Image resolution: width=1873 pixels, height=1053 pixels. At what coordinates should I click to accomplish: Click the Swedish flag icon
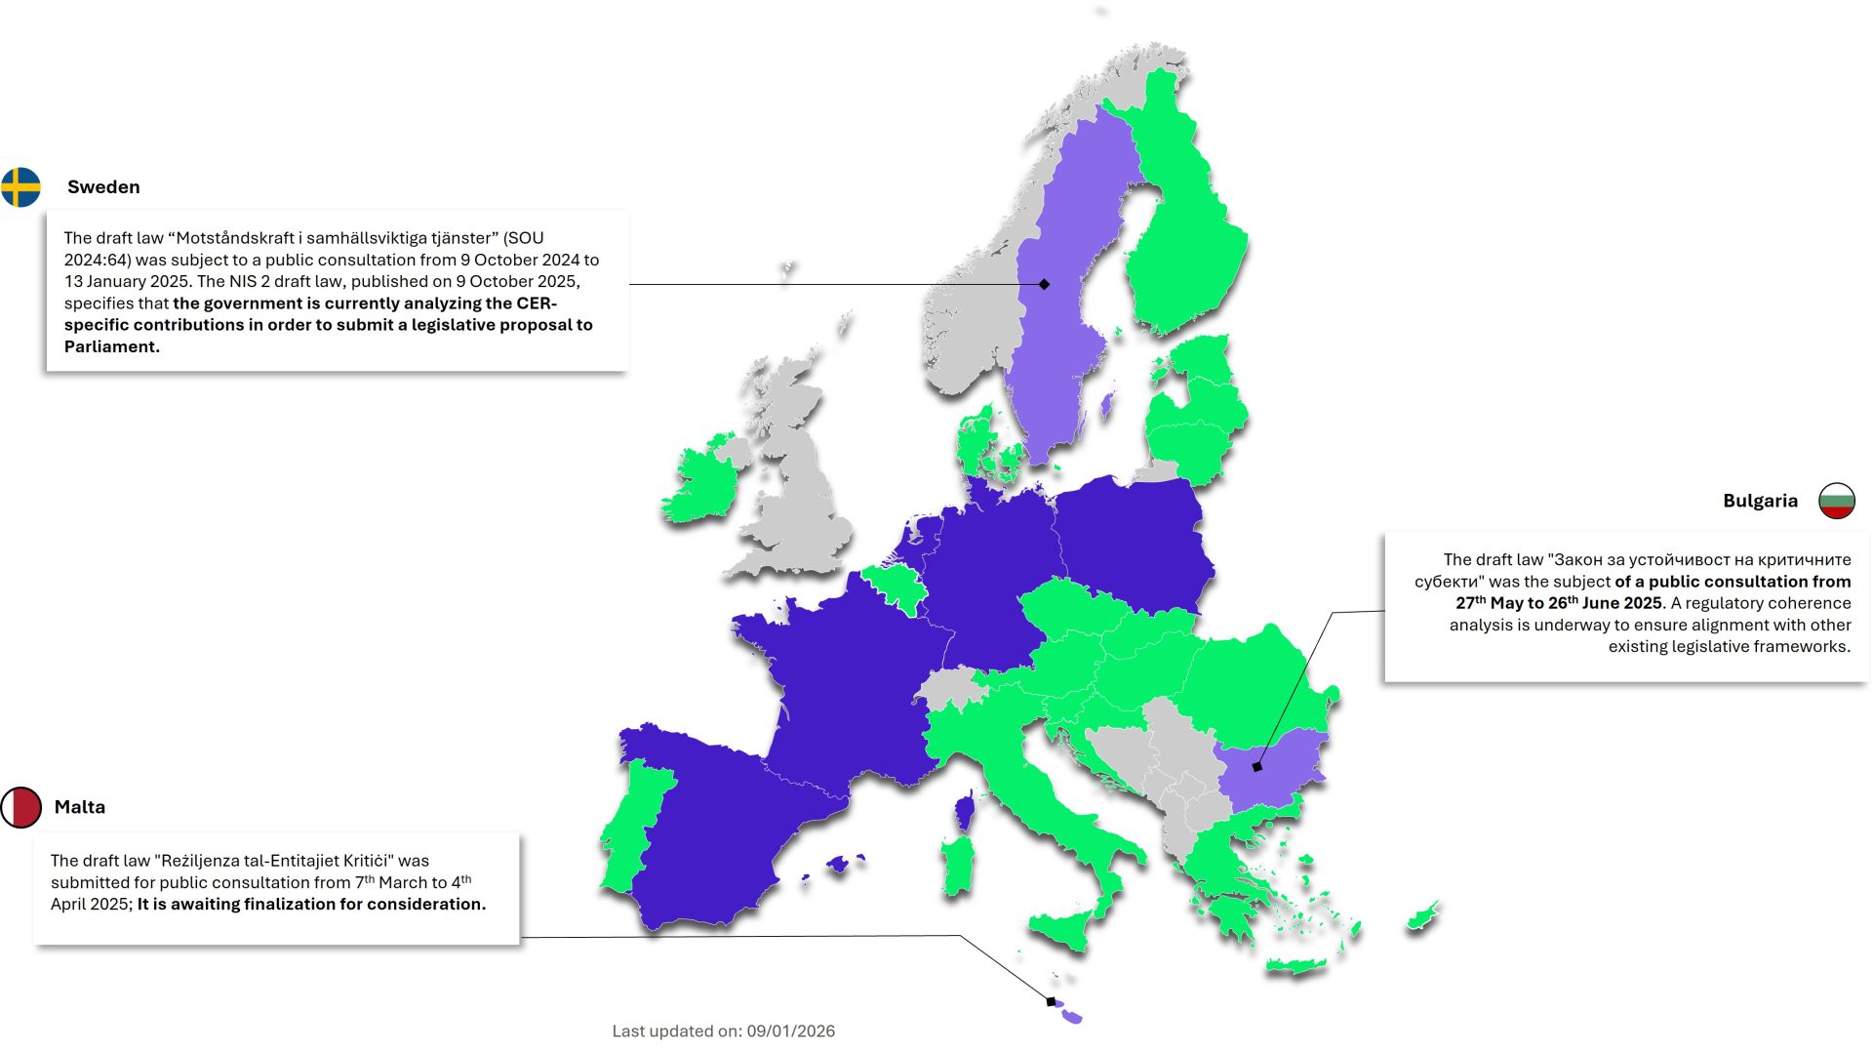20,187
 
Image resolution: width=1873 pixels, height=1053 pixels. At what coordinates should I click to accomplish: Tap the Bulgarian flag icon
1836,501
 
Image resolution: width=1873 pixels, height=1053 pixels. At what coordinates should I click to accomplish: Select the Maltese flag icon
20,807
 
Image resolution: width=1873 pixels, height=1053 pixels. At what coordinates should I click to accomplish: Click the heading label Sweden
103,187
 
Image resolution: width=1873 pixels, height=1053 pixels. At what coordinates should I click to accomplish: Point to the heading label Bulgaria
1760,501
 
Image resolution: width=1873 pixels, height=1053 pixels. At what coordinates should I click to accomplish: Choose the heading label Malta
80,807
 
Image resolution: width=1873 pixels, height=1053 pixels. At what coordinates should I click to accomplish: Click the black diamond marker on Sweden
1044,284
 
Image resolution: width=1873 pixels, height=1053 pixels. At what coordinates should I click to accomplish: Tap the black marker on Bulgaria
1256,767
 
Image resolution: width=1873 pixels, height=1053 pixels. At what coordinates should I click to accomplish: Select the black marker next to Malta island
1051,1001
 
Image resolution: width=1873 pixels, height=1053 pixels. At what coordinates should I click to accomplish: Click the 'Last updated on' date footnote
723,1031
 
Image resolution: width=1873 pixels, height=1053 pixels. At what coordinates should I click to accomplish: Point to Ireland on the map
700,483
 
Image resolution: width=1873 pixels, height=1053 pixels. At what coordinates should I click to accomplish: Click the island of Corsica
965,811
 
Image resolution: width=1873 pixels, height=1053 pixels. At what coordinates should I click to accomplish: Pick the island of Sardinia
958,863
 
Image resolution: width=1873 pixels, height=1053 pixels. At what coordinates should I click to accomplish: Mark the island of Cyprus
1422,916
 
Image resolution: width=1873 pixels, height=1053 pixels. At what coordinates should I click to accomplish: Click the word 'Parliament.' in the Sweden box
111,346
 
